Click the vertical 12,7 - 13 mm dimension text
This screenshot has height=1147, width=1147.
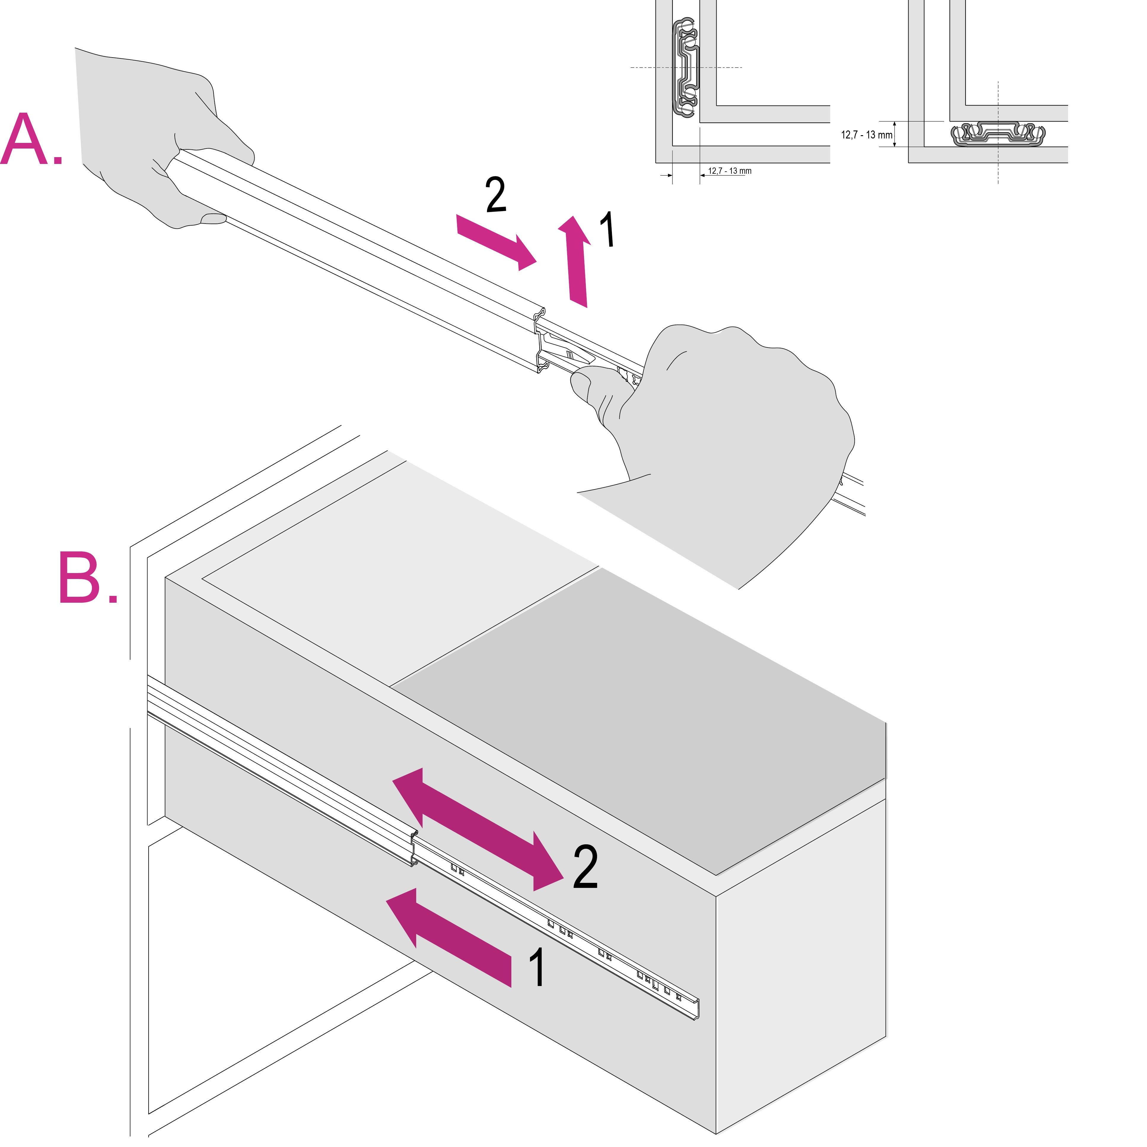[x=866, y=135]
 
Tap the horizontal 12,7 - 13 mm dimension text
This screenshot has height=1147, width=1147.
[x=729, y=171]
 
